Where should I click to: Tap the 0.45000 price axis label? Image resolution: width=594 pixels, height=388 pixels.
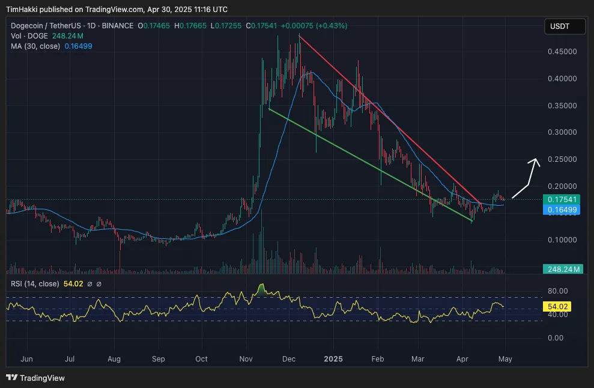[x=562, y=52]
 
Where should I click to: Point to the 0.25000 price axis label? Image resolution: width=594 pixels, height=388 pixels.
[x=562, y=159]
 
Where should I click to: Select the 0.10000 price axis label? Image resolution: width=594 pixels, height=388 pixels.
[x=562, y=240]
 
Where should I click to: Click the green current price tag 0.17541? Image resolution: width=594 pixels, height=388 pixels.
[x=563, y=199]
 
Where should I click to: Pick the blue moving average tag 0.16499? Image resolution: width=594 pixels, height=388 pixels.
[x=563, y=210]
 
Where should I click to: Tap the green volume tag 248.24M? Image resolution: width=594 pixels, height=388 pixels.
[x=563, y=269]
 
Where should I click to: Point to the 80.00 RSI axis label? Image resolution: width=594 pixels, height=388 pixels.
[x=557, y=291]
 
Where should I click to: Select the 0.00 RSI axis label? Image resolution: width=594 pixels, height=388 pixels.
[x=559, y=338]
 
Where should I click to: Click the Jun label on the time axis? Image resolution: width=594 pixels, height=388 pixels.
[x=26, y=359]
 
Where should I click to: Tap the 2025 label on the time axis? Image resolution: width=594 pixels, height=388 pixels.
[x=333, y=359]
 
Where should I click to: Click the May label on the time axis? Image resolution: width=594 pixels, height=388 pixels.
[x=505, y=359]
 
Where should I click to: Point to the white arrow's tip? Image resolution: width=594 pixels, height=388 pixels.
[x=536, y=159]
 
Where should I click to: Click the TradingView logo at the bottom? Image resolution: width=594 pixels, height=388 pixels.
[x=35, y=378]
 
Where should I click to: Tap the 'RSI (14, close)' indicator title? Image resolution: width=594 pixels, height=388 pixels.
[x=32, y=284]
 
